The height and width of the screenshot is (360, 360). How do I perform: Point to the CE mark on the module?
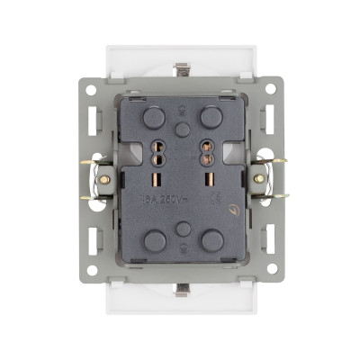(213, 200)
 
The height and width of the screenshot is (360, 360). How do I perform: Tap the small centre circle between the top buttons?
(184, 129)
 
